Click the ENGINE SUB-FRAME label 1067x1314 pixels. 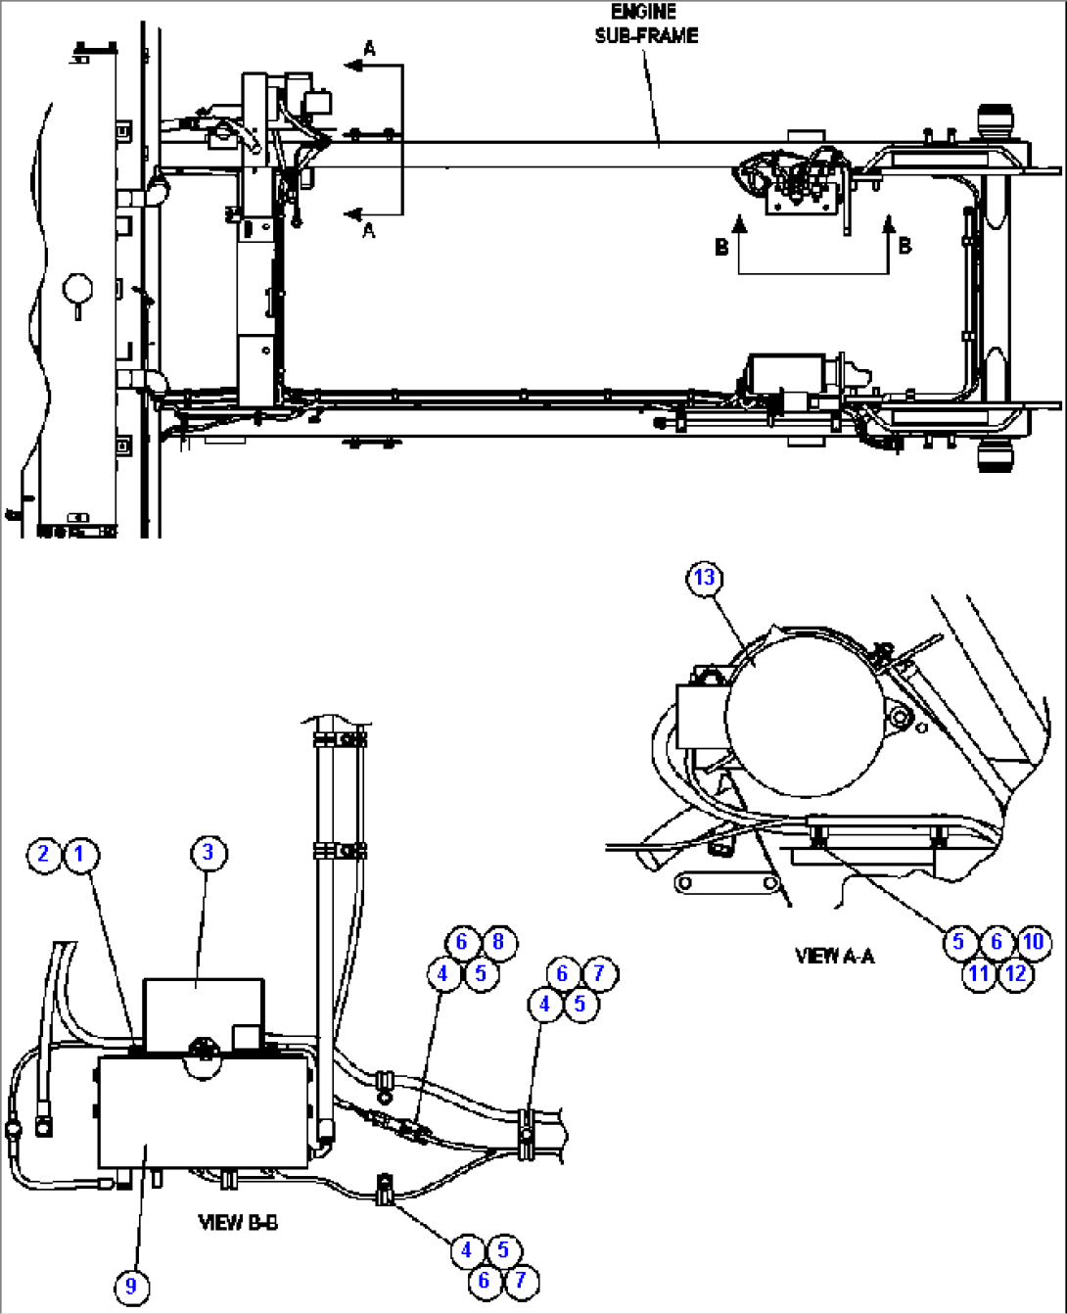(x=645, y=23)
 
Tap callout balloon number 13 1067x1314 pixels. (x=705, y=578)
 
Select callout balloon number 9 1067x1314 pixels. (x=131, y=1285)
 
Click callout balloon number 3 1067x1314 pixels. (x=208, y=853)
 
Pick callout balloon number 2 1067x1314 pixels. (x=44, y=854)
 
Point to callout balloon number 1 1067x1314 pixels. (x=80, y=854)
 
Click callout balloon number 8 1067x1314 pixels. (x=498, y=942)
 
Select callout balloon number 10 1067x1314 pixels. (x=1034, y=942)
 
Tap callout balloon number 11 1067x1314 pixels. (x=978, y=973)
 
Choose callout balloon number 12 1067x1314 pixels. (x=1016, y=973)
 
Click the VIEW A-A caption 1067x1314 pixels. (x=834, y=956)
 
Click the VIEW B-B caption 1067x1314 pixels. (x=238, y=1222)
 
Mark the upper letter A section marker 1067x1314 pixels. (x=369, y=48)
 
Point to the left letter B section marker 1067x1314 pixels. (x=721, y=247)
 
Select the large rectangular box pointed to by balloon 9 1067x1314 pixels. (x=204, y=1111)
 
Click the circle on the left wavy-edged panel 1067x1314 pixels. (x=77, y=289)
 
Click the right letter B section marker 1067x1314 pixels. (x=905, y=246)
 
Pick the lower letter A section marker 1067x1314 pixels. (x=369, y=231)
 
